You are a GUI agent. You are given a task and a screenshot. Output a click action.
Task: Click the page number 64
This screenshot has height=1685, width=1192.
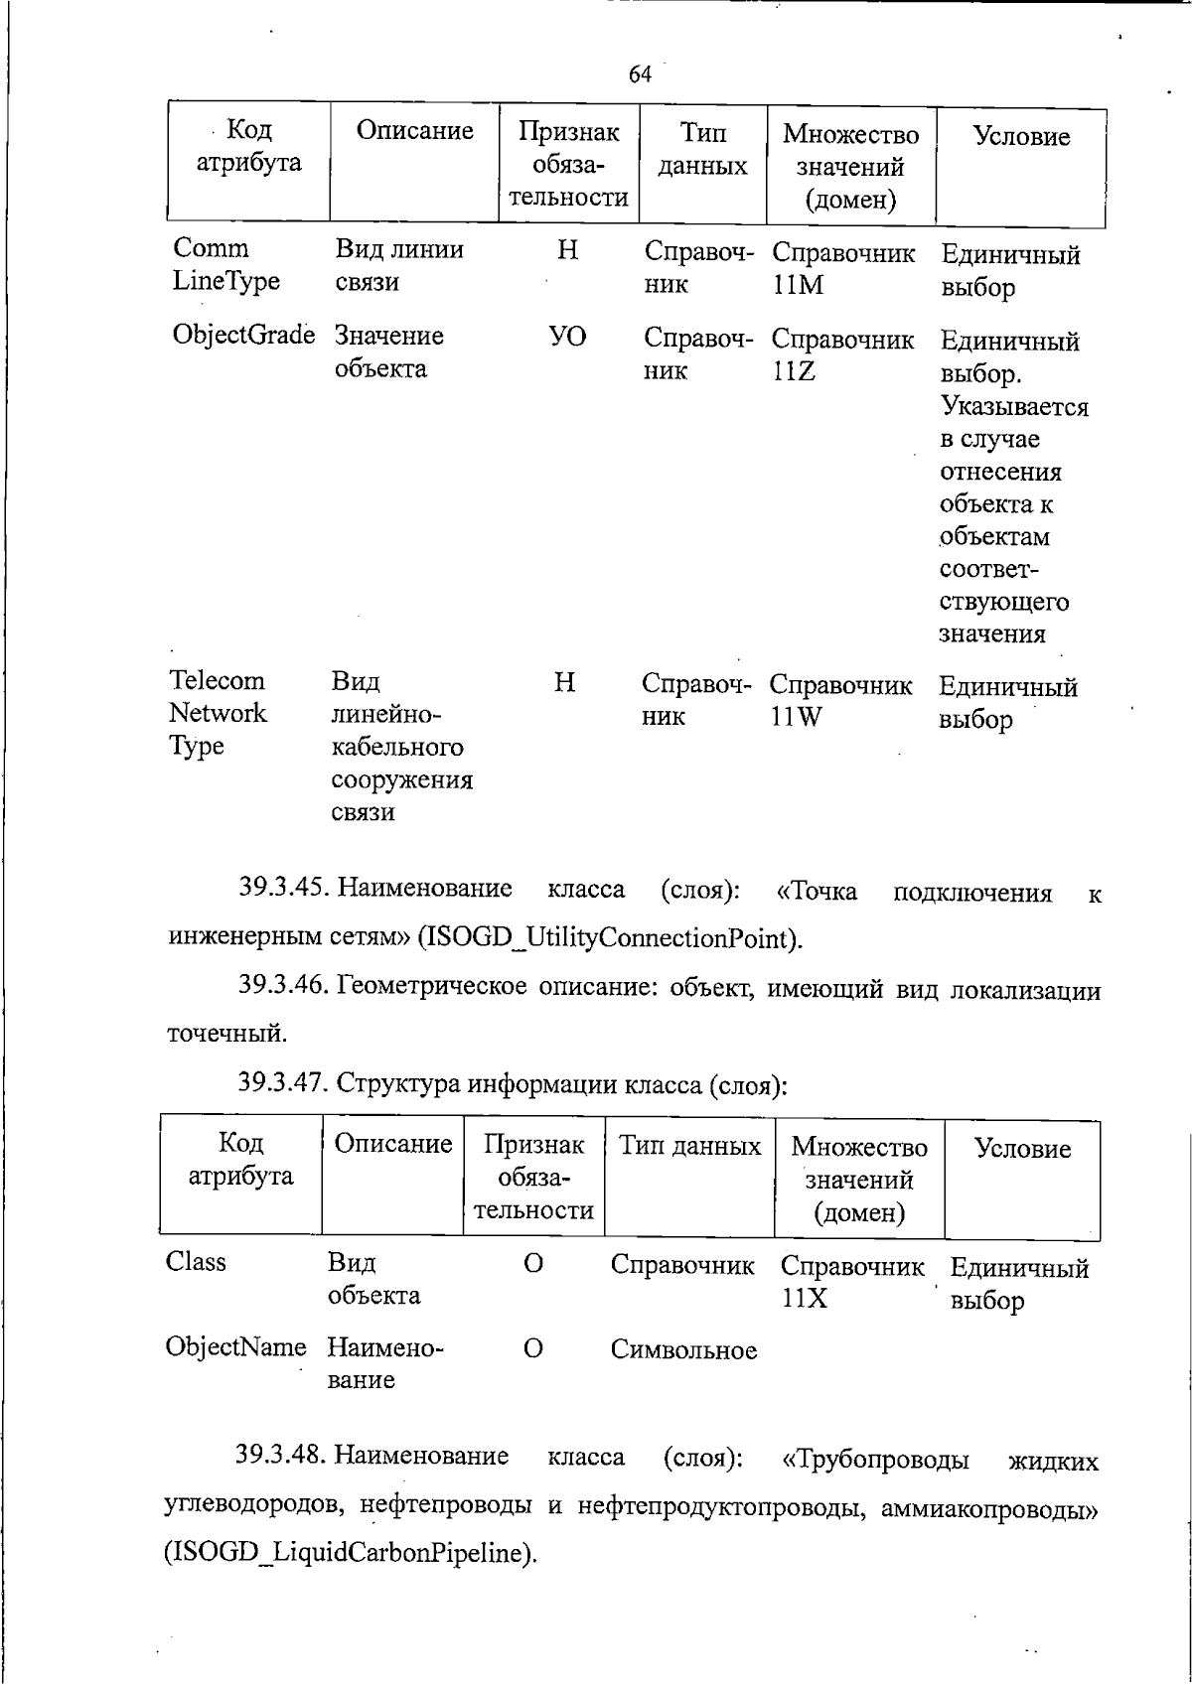tap(641, 74)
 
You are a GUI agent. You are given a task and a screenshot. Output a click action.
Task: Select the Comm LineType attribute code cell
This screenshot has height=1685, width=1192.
tap(226, 265)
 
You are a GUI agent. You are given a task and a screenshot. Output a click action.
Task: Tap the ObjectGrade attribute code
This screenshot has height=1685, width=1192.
tap(243, 336)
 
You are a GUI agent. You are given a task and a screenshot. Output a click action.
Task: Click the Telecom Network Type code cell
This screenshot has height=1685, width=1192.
tap(219, 713)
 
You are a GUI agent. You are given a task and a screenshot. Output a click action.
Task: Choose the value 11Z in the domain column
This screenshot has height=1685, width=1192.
tap(794, 371)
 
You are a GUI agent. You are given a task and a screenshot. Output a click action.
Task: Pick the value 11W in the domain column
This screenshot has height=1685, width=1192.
tap(797, 717)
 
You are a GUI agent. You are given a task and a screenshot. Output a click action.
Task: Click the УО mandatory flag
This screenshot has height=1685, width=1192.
tap(567, 338)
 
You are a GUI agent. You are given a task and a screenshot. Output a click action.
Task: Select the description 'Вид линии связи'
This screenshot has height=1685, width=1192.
tap(399, 265)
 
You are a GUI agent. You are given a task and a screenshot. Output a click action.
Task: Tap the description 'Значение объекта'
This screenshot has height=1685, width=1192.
tap(388, 351)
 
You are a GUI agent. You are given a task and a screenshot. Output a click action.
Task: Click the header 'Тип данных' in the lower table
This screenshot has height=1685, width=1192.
tap(689, 1146)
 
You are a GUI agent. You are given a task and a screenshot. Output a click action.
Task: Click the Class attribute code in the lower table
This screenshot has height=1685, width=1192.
tap(197, 1262)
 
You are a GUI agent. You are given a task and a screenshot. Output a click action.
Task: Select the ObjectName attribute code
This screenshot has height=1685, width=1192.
tap(236, 1347)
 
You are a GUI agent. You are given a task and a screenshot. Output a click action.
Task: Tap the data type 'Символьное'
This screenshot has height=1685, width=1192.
tap(683, 1350)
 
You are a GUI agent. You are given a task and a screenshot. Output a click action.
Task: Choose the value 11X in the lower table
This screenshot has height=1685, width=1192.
tap(804, 1299)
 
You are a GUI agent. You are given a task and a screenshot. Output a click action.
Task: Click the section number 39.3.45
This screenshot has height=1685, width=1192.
tap(283, 888)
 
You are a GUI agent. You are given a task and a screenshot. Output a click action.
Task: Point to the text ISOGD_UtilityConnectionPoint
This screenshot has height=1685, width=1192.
tap(607, 937)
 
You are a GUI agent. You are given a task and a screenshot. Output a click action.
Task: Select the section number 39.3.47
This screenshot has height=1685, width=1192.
tap(283, 1082)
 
